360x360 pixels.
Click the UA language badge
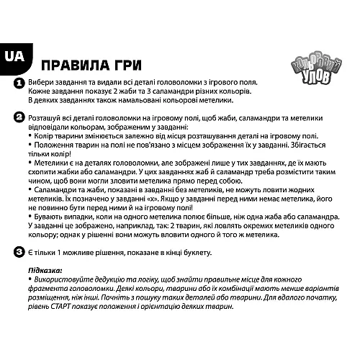click(14, 57)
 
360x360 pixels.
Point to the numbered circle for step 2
click(19, 118)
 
